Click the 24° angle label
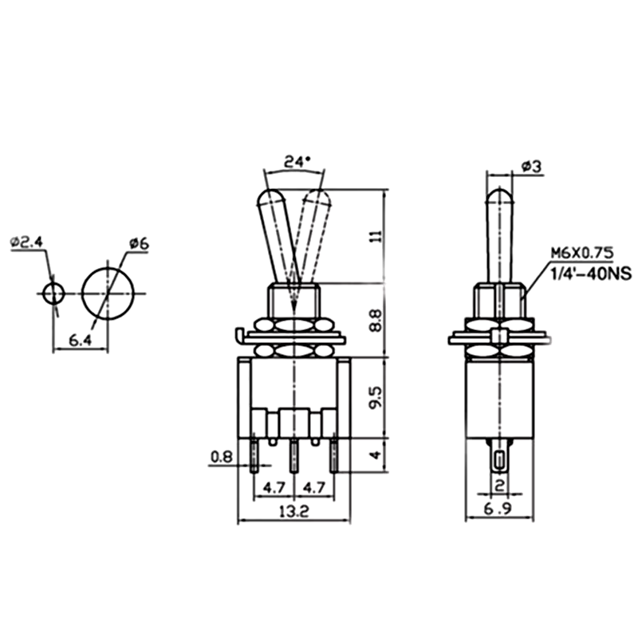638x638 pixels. click(297, 162)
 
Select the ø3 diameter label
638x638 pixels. click(531, 166)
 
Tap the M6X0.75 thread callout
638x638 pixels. click(582, 253)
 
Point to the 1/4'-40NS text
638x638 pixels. click(591, 274)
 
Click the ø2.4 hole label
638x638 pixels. click(26, 242)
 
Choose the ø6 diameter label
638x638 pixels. click(139, 244)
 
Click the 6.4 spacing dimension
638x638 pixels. click(81, 341)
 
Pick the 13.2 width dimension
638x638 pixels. click(294, 511)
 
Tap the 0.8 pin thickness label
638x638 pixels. click(222, 457)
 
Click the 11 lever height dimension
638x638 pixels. click(376, 236)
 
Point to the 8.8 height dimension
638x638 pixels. click(376, 321)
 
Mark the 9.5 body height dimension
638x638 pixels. click(376, 397)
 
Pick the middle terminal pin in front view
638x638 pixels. click(293, 456)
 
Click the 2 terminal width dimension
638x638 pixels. click(500, 485)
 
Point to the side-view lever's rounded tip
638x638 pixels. click(500, 195)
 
